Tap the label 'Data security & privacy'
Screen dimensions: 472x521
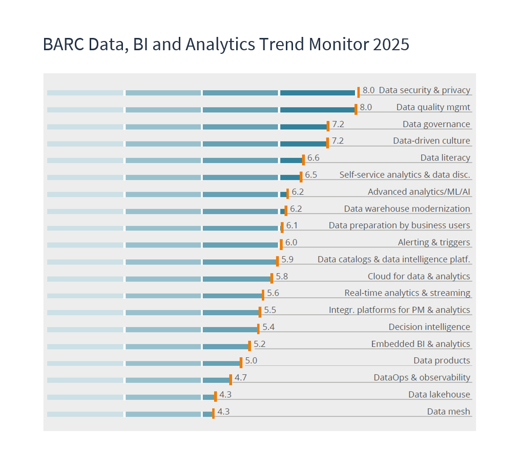[424, 90]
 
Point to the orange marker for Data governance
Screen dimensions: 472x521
[328, 126]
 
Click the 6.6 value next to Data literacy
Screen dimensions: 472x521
[313, 158]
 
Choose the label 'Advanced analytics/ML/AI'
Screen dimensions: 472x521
[419, 192]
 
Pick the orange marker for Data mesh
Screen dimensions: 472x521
[213, 414]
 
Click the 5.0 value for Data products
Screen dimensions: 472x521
[251, 361]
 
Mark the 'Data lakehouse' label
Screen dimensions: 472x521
[439, 395]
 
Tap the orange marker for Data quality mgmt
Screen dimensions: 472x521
[356, 109]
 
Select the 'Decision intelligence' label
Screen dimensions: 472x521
[429, 327]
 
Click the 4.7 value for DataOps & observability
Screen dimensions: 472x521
[241, 378]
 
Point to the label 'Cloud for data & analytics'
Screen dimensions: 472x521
[419, 276]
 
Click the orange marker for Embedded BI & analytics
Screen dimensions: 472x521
[249, 345]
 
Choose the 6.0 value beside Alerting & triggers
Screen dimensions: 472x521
[291, 242]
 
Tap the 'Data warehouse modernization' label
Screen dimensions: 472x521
[407, 209]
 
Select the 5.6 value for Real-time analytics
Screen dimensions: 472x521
[273, 293]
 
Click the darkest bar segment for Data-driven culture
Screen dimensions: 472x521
[303, 143]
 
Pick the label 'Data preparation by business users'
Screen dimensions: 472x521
[399, 225]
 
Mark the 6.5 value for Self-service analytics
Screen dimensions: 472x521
[311, 175]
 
